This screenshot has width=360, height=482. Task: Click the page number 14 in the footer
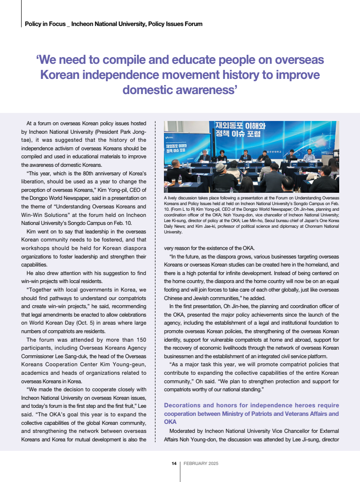tap(174, 464)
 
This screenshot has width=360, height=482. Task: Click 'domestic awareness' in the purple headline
tap(180, 89)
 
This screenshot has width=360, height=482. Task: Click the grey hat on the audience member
tap(221, 167)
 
